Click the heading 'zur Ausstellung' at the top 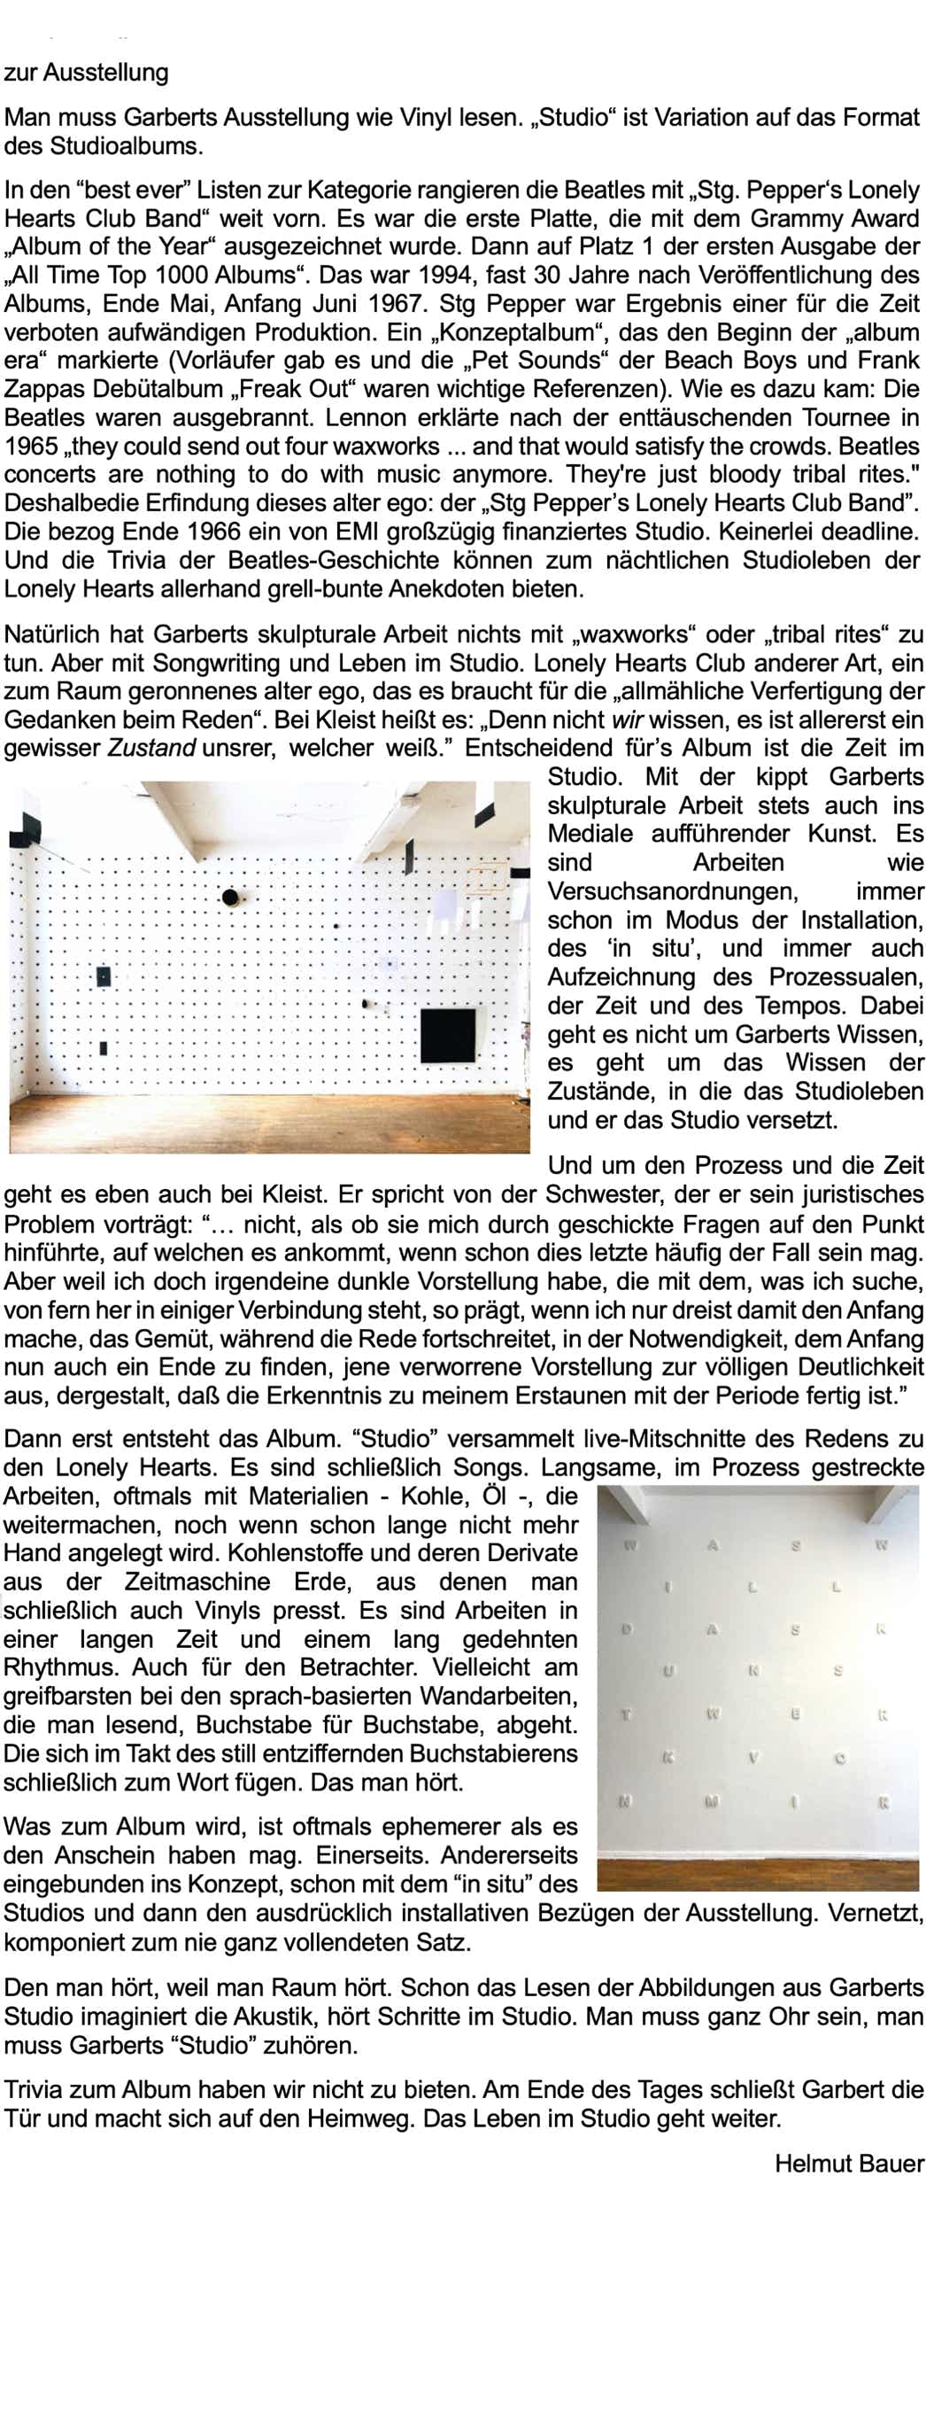coord(86,73)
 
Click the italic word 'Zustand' coord(151,748)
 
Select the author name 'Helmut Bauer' coord(849,2163)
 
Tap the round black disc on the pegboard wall coord(230,897)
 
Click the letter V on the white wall coord(753,1758)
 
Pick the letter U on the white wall coord(668,1672)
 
